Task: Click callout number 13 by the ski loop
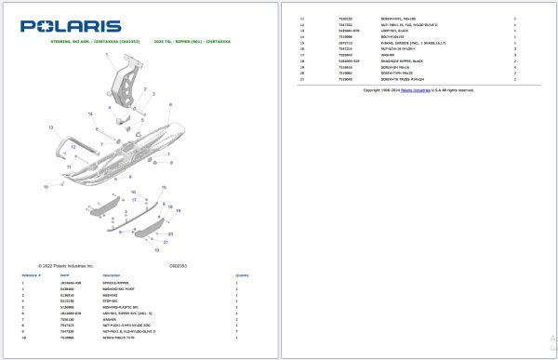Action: tap(51, 127)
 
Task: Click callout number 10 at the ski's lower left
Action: tap(45, 187)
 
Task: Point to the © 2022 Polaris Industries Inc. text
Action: tap(66, 265)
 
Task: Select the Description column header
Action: tap(112, 275)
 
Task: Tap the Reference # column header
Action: tap(32, 275)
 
